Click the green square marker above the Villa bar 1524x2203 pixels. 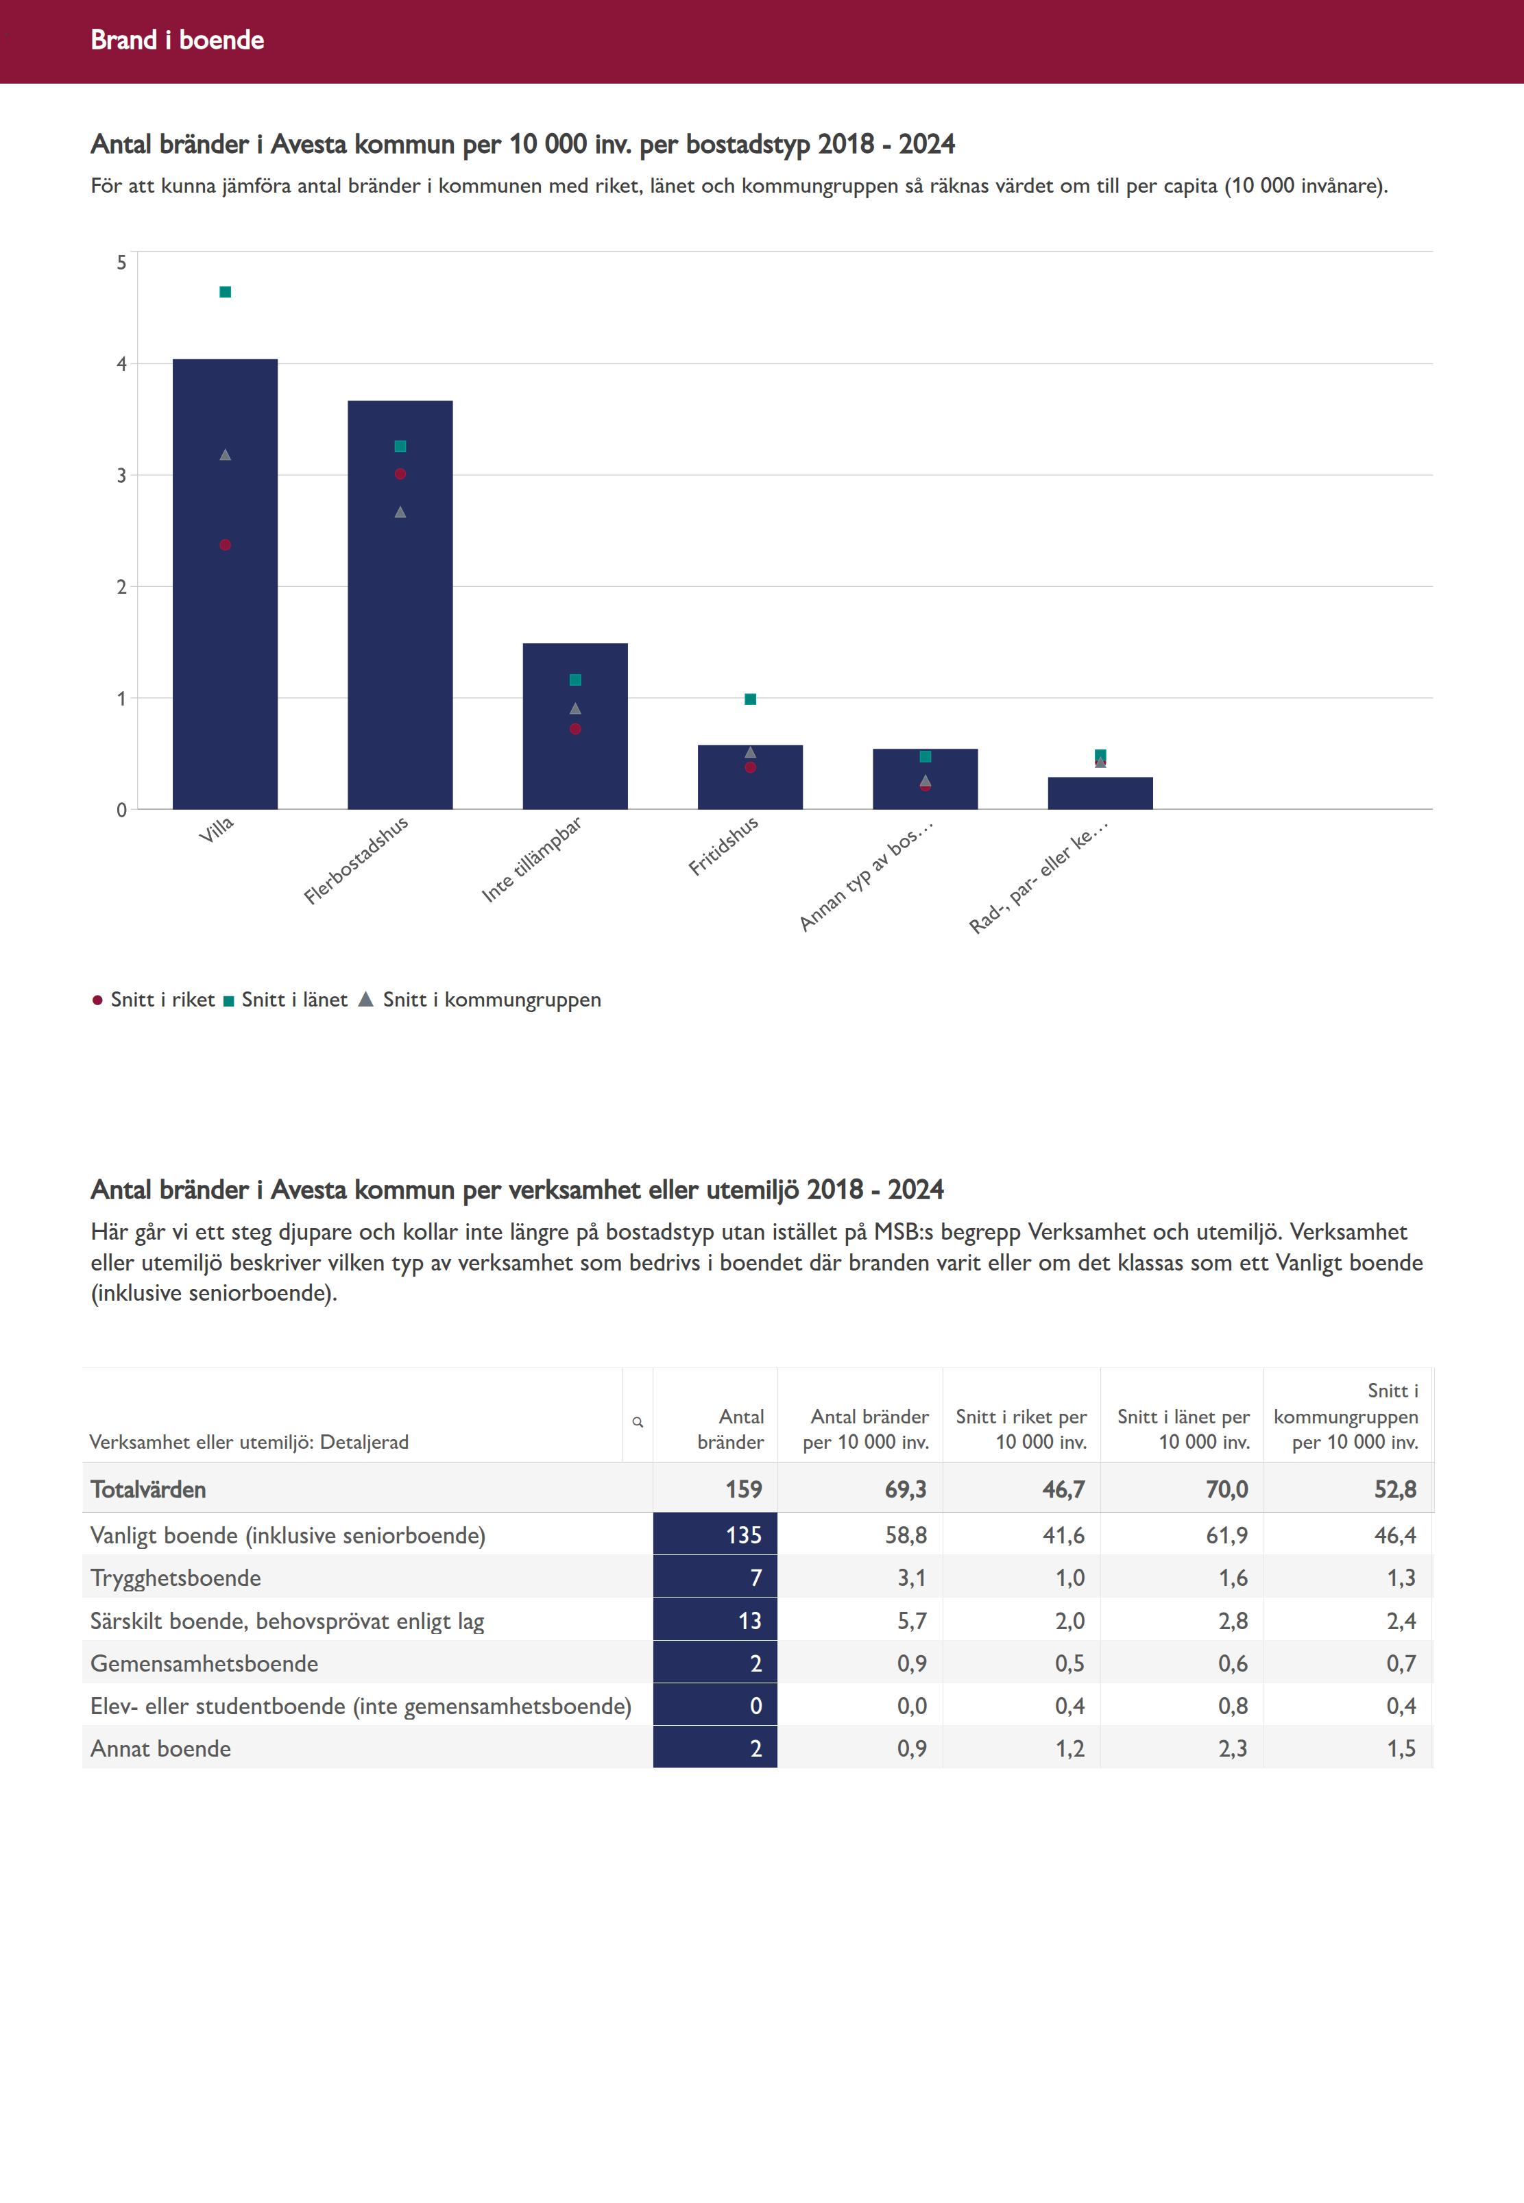[x=226, y=292]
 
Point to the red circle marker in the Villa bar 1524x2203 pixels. [x=226, y=545]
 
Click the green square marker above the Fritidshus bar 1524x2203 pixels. [x=751, y=699]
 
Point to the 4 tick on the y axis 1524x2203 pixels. [x=121, y=364]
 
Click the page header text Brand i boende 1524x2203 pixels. [x=178, y=40]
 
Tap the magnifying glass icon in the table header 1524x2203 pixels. [x=638, y=1422]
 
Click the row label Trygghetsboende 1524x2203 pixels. [x=176, y=1578]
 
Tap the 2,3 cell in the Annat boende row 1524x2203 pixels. [x=1232, y=1748]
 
